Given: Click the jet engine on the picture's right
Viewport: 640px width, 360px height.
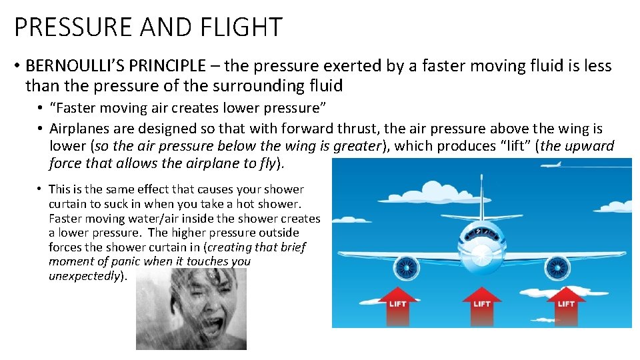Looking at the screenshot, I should pos(557,268).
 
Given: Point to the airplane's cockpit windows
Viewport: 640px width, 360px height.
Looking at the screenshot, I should pos(481,233).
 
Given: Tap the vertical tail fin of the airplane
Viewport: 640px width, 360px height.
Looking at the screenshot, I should pos(481,193).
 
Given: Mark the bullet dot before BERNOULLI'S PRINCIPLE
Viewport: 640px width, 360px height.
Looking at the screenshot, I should pos(17,67).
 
